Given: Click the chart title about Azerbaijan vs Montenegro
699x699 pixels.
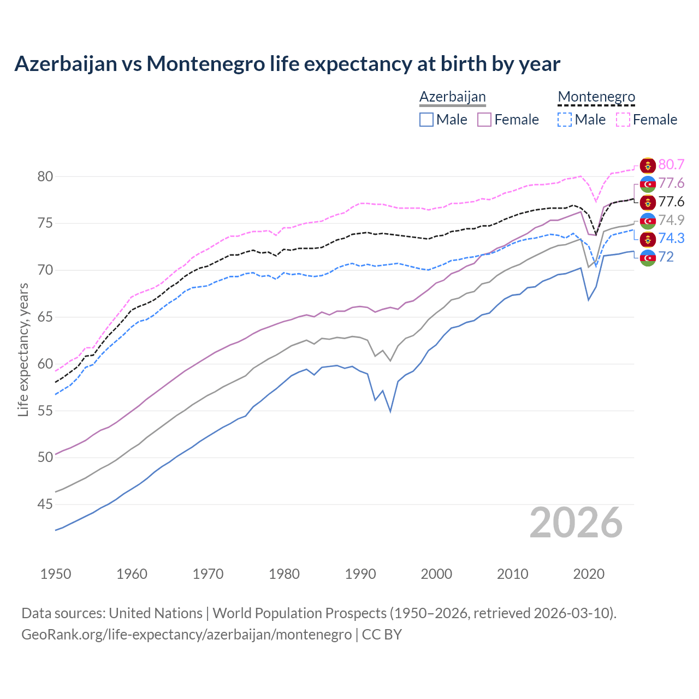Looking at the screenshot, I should click(287, 64).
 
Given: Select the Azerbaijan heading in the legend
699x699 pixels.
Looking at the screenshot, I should click(452, 97).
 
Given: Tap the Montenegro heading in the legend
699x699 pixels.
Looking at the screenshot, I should click(596, 97).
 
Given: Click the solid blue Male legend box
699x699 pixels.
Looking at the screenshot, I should click(426, 120).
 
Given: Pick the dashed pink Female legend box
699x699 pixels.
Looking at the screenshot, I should click(623, 120).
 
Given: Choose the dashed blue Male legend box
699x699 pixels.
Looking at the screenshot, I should click(565, 120).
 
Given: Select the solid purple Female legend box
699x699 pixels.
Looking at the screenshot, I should click(484, 120).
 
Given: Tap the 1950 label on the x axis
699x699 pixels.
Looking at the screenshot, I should click(56, 574).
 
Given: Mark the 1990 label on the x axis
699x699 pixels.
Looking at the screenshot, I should click(360, 574).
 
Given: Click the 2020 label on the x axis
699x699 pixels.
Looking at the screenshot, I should click(589, 574).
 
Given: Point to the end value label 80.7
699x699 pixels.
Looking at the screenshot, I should click(671, 165).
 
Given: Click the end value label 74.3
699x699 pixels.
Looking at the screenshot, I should click(671, 238).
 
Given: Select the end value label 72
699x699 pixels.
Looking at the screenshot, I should click(666, 257).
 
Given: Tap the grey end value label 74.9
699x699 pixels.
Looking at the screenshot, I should click(671, 220).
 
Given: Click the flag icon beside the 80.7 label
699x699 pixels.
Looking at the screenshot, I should click(648, 165).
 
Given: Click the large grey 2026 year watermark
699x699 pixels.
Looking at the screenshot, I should click(576, 523).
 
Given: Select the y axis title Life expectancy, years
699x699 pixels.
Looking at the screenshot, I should click(23, 349).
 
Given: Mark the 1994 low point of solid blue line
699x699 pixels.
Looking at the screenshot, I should click(390, 411).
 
